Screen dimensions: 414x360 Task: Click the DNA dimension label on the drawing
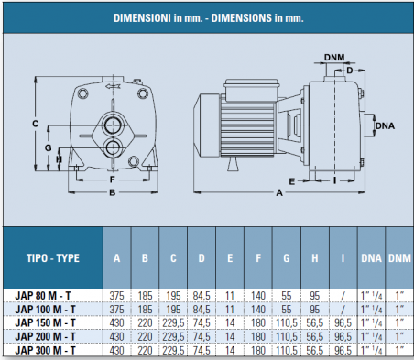[385, 125]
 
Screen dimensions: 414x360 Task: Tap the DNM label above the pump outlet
[334, 57]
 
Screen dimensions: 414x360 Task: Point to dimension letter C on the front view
[36, 124]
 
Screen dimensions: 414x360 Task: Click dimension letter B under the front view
[113, 192]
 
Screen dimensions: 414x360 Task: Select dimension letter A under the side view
[279, 192]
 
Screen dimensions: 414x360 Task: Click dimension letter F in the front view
[113, 180]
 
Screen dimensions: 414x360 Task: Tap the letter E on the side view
[292, 181]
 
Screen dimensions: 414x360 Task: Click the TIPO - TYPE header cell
[53, 258]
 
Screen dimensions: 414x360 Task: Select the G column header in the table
[287, 258]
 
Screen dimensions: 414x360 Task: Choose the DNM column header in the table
[399, 258]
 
